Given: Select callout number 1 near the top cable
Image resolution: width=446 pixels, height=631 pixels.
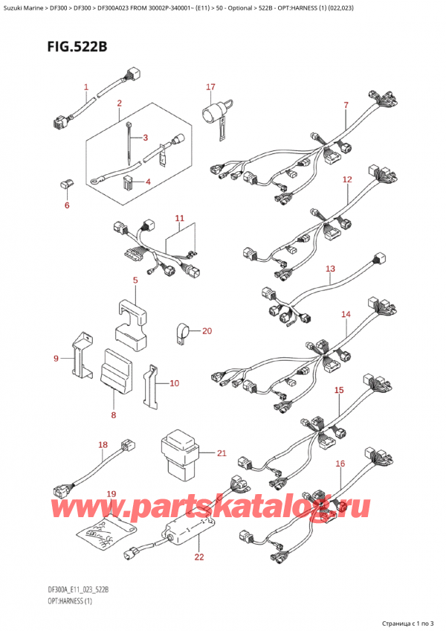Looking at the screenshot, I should click(x=86, y=87).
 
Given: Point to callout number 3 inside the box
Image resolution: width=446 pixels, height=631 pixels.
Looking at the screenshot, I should click(x=146, y=138).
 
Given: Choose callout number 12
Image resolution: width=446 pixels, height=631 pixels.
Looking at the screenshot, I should click(x=347, y=179).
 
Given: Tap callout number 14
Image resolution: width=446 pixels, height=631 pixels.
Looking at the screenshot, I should click(x=346, y=315).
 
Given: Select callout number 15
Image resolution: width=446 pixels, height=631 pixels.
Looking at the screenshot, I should click(x=339, y=390).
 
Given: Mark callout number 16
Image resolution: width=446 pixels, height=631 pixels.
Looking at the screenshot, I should click(x=340, y=464).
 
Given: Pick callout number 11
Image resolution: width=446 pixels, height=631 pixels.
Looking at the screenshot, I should click(x=178, y=218).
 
